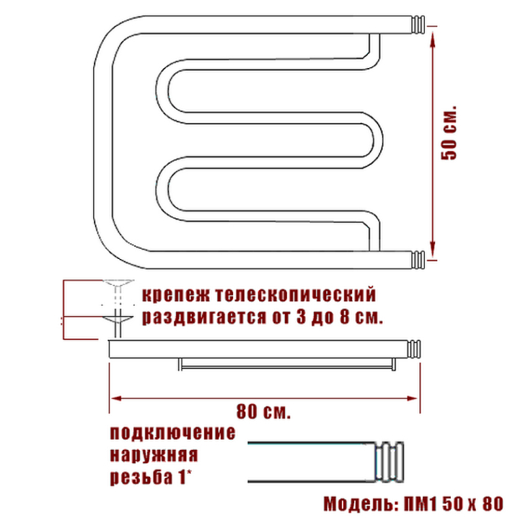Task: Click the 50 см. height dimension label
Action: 449,133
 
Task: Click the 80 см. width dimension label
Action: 263,412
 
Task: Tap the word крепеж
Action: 176,295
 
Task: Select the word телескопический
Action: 296,294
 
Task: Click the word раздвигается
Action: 204,317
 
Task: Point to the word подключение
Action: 173,433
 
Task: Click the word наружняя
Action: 154,455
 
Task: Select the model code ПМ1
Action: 420,504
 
